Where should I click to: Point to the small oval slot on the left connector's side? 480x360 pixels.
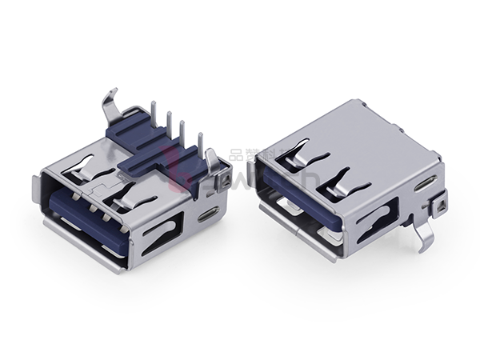(x=210, y=214)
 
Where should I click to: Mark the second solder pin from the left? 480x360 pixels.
(x=168, y=124)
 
